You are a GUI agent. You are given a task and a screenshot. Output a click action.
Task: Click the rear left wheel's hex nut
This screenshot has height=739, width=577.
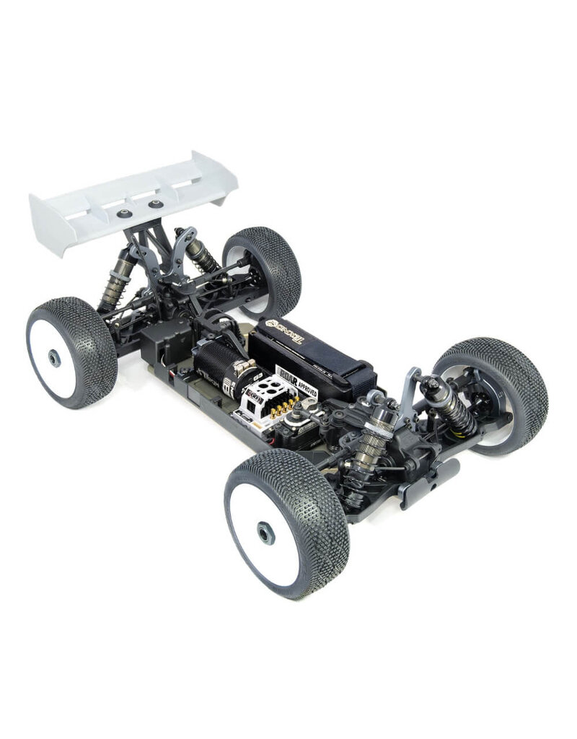55,357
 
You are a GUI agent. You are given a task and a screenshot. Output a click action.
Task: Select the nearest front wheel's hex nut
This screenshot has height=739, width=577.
265,534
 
